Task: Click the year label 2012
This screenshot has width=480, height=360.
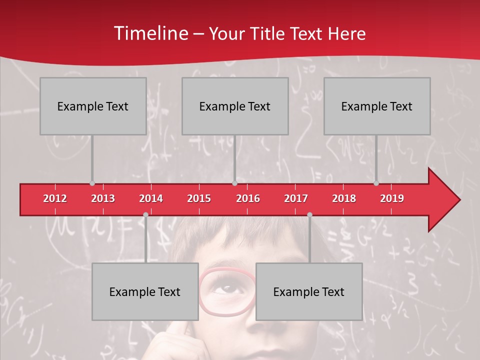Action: coord(55,198)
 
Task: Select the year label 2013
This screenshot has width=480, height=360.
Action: coord(103,198)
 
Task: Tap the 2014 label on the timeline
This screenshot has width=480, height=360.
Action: coord(151,198)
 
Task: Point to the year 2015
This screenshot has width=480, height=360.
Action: coord(199,198)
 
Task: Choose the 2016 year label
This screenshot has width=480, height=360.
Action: coord(248,198)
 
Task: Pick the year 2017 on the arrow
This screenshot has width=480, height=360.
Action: coord(296,198)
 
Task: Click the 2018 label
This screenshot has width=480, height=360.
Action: coord(344,198)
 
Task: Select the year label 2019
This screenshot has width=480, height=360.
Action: coord(392,198)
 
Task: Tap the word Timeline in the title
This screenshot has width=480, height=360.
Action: coord(150,33)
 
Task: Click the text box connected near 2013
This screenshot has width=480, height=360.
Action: coord(93,106)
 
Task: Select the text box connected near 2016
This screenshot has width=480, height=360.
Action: coord(235,106)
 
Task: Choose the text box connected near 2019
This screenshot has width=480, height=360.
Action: coord(377,106)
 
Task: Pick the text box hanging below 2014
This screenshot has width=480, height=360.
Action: coord(145,291)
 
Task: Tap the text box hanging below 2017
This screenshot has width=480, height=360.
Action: coord(309,291)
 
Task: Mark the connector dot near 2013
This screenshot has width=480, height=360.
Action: coord(92,183)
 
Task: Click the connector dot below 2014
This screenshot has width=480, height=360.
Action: coord(145,214)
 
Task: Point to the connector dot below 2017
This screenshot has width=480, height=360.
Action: coord(309,214)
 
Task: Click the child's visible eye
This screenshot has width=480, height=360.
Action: coord(226,288)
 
